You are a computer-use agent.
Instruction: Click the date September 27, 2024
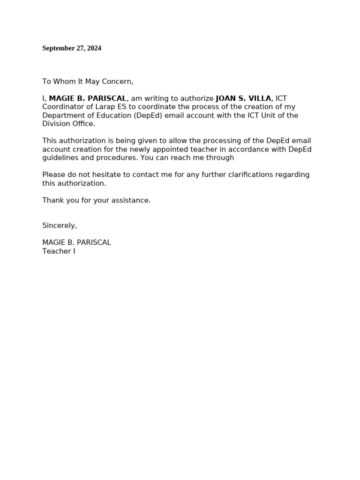[72, 48]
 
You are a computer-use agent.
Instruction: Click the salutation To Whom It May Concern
[88, 82]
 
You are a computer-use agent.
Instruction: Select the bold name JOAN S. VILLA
[243, 98]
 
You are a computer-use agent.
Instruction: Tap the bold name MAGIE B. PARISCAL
[88, 98]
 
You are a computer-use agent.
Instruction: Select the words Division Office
[68, 124]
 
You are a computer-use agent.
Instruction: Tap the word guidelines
[60, 158]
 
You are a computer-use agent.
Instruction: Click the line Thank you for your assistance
[96, 200]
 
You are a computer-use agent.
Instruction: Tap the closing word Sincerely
[59, 225]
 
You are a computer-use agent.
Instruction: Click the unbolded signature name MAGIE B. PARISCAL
[76, 243]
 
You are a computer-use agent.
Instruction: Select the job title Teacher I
[59, 251]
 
